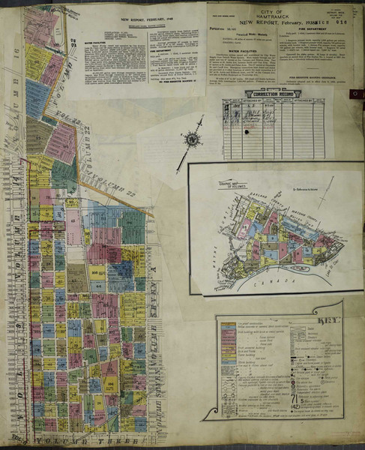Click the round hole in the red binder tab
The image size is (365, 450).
point(355,94)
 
